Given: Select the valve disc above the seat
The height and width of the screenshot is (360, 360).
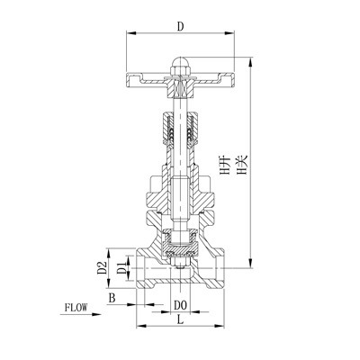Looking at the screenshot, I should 179,241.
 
